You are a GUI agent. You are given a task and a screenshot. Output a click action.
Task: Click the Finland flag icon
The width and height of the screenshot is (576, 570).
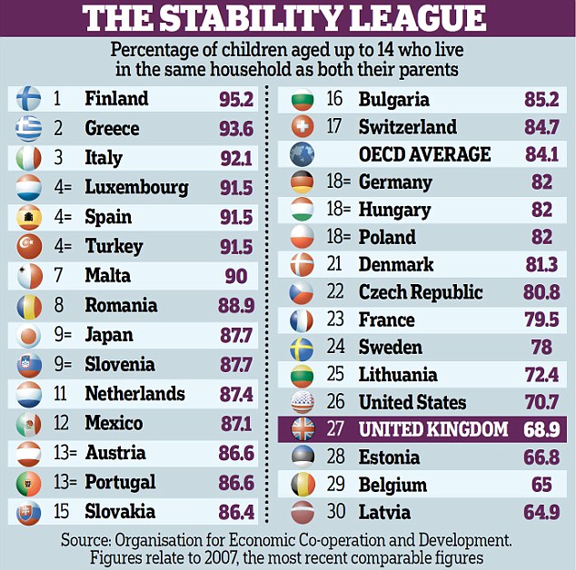[28, 99]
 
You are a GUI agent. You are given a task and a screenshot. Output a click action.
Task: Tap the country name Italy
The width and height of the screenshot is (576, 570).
[104, 158]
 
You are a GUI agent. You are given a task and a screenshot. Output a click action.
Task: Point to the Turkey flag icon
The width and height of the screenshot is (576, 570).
[28, 247]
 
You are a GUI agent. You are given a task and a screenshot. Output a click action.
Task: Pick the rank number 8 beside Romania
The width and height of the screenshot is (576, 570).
[59, 305]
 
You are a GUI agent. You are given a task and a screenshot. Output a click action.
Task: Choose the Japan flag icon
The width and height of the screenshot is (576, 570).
[28, 335]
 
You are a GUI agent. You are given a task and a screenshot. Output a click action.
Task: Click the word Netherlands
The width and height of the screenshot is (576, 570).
[134, 394]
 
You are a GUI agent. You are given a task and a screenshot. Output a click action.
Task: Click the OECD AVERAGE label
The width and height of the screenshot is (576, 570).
[424, 154]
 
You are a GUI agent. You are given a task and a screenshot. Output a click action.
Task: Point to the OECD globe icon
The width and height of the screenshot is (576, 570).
[302, 154]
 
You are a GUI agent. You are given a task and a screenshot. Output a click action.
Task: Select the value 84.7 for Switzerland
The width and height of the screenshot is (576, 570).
[541, 126]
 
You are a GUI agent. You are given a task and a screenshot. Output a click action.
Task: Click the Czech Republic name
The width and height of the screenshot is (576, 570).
[421, 292]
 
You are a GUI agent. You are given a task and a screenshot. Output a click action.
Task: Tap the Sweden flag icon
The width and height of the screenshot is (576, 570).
[302, 348]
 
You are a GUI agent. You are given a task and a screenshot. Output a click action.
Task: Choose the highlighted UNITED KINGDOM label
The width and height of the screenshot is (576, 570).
[433, 429]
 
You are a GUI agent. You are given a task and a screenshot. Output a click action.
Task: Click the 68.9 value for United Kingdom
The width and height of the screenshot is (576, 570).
[541, 429]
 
